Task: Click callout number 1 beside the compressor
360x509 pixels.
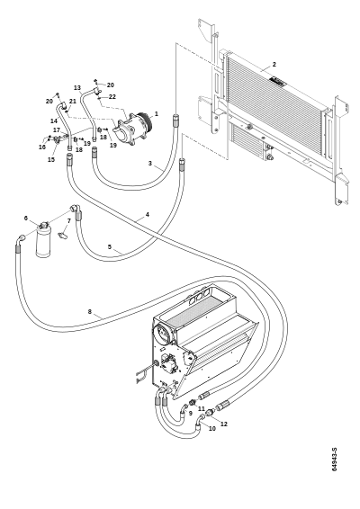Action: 157,114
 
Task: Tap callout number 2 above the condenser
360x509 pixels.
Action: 274,64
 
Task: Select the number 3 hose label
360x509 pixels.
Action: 149,164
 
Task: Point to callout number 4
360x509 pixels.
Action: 148,215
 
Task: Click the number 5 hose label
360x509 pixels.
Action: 110,246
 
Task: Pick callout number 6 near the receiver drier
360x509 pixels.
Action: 26,219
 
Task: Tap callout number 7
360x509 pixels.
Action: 68,221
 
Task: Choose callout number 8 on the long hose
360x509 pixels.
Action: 90,312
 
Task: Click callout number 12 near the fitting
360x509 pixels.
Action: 224,424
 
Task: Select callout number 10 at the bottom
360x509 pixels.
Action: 211,428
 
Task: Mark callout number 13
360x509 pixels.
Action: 77,87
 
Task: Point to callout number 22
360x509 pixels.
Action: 112,97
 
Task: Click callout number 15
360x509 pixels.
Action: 51,159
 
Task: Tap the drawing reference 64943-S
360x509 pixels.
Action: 335,460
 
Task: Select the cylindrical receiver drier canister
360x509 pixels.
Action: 42,240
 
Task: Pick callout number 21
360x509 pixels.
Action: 73,101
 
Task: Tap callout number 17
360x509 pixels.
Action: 57,129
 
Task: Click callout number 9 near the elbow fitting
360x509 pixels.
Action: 191,414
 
